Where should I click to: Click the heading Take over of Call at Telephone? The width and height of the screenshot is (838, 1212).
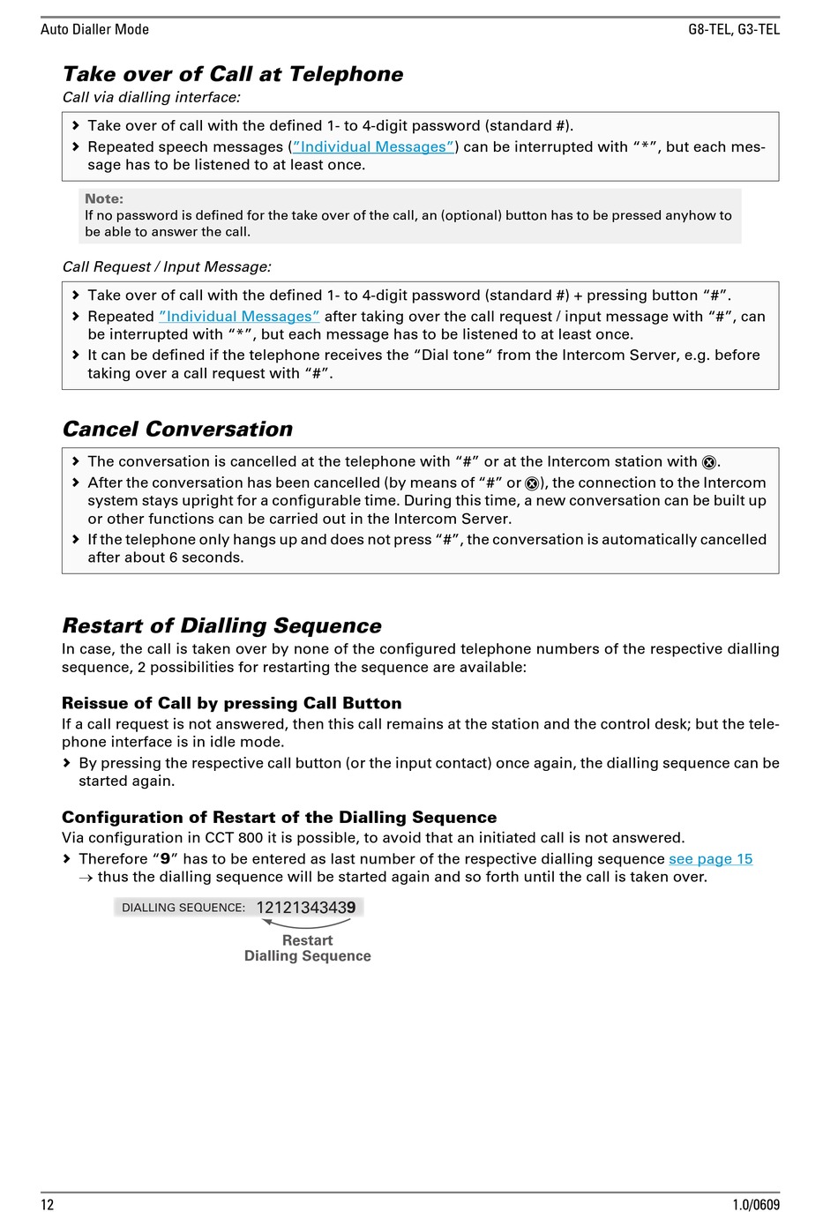(233, 74)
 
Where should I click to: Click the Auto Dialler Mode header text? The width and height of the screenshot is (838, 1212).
(94, 29)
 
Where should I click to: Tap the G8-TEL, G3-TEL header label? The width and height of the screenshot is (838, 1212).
(733, 29)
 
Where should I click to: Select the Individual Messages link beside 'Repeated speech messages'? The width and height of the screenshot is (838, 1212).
(373, 147)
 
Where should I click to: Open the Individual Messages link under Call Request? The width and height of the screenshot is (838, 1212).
(239, 317)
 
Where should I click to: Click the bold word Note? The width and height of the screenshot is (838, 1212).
(104, 199)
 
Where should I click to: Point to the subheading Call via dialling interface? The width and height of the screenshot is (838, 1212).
(151, 97)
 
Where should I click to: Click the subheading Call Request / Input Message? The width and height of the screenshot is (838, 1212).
(167, 266)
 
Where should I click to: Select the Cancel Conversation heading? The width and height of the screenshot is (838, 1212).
(177, 430)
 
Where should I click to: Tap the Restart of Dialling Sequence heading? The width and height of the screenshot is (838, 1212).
(221, 626)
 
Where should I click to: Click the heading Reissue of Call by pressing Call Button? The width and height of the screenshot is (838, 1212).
(231, 703)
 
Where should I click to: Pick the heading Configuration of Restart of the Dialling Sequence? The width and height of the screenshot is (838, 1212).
(279, 818)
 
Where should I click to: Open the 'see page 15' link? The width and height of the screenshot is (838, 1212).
(710, 859)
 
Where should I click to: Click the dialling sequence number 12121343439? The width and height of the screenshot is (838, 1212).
(305, 908)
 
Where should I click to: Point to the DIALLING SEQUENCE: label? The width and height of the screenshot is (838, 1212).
(183, 908)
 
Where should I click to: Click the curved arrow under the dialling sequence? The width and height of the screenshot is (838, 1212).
(306, 923)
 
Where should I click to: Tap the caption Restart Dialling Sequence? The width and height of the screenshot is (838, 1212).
(307, 948)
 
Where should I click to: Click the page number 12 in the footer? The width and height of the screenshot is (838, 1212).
(48, 1205)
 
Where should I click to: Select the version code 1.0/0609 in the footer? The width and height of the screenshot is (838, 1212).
(755, 1205)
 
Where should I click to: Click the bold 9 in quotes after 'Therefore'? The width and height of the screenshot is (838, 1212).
(165, 859)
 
